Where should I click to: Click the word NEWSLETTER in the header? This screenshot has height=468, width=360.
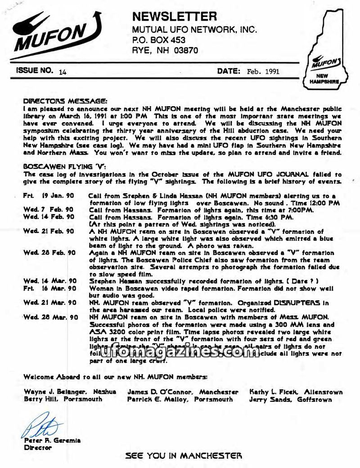click(175, 17)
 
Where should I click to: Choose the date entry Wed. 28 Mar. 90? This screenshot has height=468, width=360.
click(51, 317)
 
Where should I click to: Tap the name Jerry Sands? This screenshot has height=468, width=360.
click(270, 399)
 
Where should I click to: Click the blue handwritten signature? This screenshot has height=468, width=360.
click(42, 425)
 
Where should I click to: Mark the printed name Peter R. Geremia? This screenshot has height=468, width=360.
click(53, 441)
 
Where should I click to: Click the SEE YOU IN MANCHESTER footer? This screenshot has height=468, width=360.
click(184, 456)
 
